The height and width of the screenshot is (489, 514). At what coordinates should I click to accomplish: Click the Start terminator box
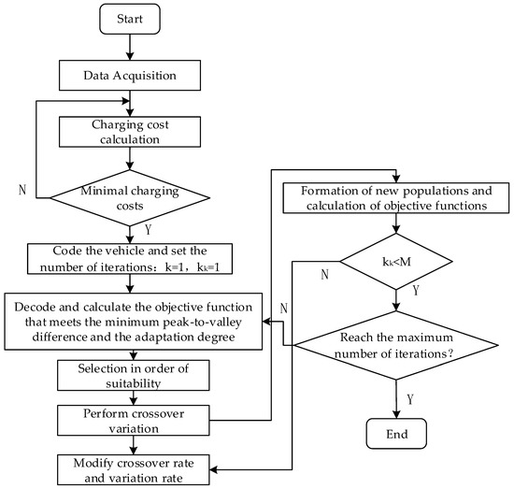pyautogui.click(x=130, y=19)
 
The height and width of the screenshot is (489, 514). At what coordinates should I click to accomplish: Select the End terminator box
pyautogui.click(x=396, y=434)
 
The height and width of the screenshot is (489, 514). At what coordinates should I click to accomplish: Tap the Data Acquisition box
pyautogui.click(x=130, y=76)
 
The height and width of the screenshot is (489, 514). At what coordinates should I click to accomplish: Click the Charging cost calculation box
pyautogui.click(x=130, y=132)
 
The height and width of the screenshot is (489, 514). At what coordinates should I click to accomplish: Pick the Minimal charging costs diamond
pyautogui.click(x=130, y=198)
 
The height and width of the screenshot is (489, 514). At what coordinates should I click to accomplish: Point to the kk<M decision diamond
pyautogui.click(x=396, y=262)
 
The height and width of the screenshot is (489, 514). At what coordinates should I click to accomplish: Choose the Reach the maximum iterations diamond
pyautogui.click(x=396, y=345)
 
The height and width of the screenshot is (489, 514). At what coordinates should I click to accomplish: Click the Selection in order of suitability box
pyautogui.click(x=134, y=376)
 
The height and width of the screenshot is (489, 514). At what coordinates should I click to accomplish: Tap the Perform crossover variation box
pyautogui.click(x=134, y=421)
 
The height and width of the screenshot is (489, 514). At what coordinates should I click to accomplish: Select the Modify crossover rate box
pyautogui.click(x=134, y=469)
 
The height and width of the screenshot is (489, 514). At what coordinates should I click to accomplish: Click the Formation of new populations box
pyautogui.click(x=396, y=198)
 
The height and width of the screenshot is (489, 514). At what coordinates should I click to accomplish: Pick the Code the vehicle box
pyautogui.click(x=130, y=259)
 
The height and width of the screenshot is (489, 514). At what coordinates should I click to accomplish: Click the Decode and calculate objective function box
pyautogui.click(x=134, y=322)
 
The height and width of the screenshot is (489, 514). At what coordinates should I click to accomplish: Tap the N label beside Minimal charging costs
pyautogui.click(x=22, y=190)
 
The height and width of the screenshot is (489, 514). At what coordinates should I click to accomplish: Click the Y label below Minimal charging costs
pyautogui.click(x=149, y=230)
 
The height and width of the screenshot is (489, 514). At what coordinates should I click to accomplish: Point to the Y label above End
pyautogui.click(x=410, y=399)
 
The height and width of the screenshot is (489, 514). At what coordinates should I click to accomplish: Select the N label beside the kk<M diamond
pyautogui.click(x=324, y=274)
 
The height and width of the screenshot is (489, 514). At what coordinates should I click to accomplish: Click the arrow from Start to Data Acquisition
pyautogui.click(x=130, y=48)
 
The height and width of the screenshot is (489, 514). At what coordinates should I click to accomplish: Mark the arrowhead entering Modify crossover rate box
pyautogui.click(x=213, y=469)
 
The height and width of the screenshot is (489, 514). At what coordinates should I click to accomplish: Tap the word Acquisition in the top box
pyautogui.click(x=145, y=76)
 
